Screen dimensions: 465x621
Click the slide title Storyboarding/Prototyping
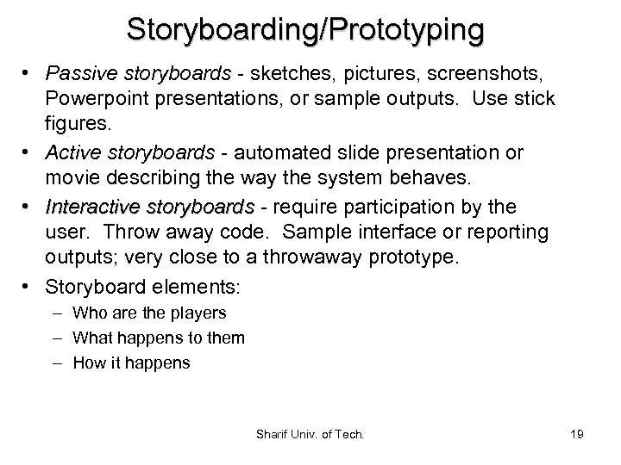305,29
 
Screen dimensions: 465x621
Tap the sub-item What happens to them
159,338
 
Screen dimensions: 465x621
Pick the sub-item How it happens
131,363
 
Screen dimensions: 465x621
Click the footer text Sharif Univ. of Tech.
310,434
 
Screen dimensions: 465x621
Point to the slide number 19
577,434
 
